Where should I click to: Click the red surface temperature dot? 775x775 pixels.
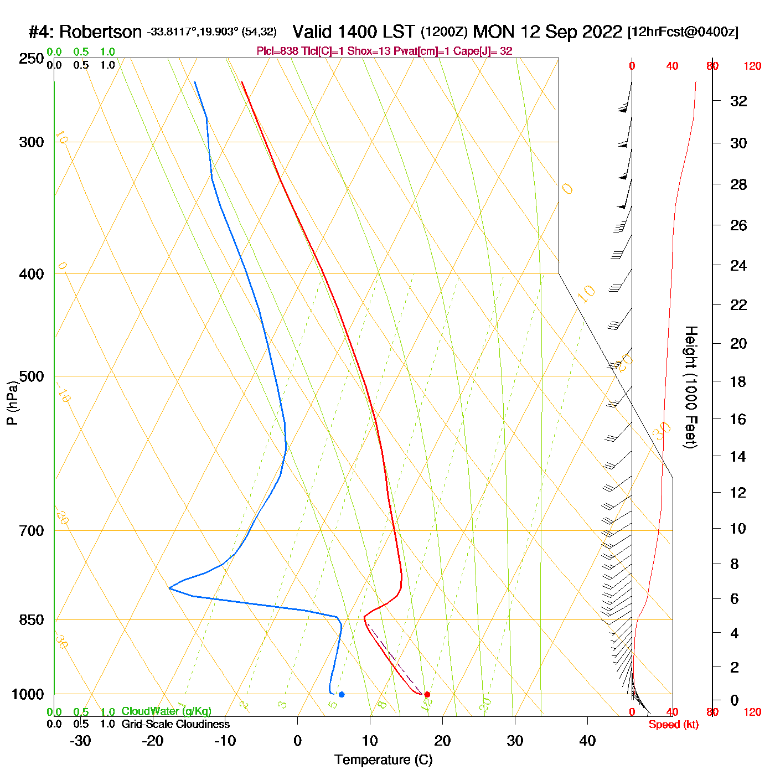tap(427, 694)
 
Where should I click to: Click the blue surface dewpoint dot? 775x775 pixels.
tap(342, 694)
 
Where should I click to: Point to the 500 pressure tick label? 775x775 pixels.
tap(32, 376)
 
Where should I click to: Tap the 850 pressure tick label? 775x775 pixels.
tap(32, 620)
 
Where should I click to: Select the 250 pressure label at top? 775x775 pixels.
tap(32, 59)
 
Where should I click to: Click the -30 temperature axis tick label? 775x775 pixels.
tap(80, 741)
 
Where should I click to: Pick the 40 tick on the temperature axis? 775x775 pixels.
tap(587, 741)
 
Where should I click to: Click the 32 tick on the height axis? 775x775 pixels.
tap(738, 101)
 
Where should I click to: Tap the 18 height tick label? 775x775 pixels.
tap(738, 381)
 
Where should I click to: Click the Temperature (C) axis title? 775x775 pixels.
tap(383, 760)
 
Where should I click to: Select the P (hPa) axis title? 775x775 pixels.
tap(12, 402)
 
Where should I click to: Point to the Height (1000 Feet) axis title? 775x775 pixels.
tap(691, 387)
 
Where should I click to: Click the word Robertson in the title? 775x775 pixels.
tap(100, 32)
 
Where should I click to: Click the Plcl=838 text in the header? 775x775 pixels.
tap(277, 51)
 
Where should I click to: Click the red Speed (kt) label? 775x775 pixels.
tap(673, 725)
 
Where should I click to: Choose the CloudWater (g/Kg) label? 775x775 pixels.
tap(166, 711)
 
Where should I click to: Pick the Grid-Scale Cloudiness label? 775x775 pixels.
tap(175, 724)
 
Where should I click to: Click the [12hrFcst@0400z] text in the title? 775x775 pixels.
tap(683, 32)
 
